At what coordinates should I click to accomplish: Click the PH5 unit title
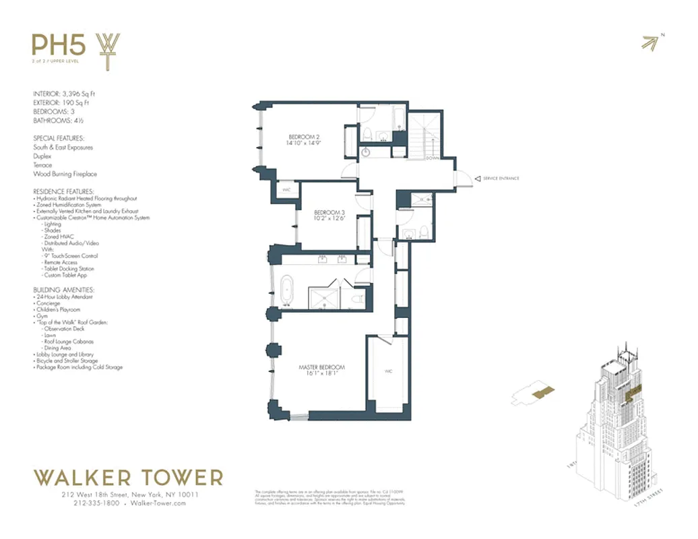pos(59,45)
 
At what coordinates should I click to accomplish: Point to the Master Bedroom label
pos(321,371)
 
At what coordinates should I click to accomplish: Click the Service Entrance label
pos(501,179)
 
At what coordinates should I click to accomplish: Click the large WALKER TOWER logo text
pos(128,478)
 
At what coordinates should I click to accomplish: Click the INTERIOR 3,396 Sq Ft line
pos(68,94)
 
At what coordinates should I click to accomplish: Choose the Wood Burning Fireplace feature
pos(65,174)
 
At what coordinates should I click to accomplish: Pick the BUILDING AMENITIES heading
pos(64,290)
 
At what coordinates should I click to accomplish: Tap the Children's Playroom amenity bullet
pos(61,309)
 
